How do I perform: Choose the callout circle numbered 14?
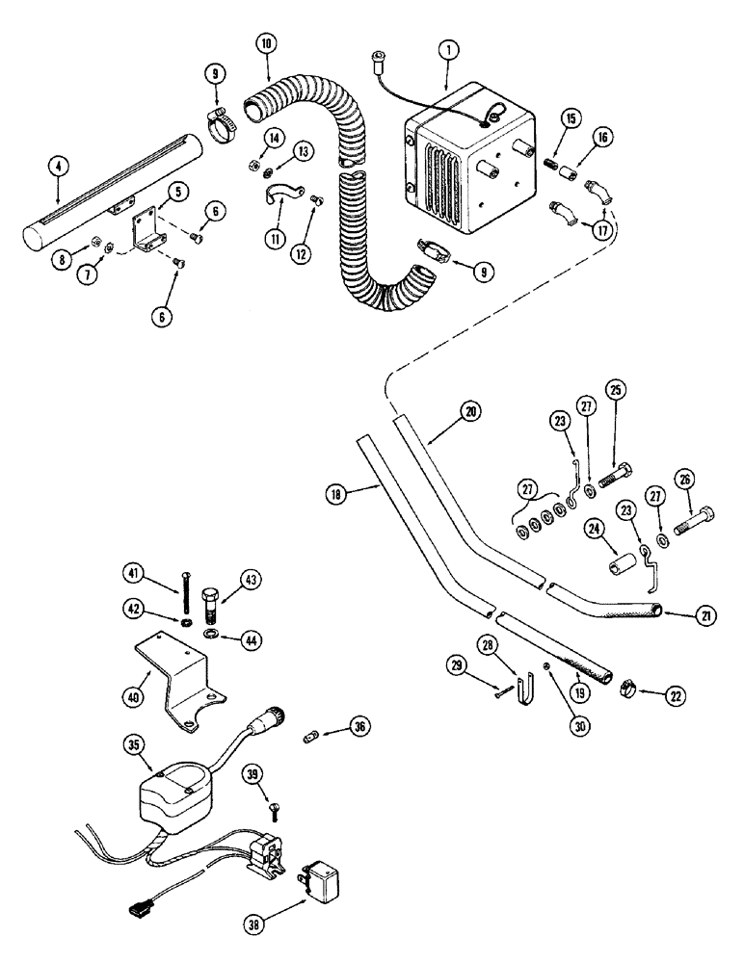tap(275, 138)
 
